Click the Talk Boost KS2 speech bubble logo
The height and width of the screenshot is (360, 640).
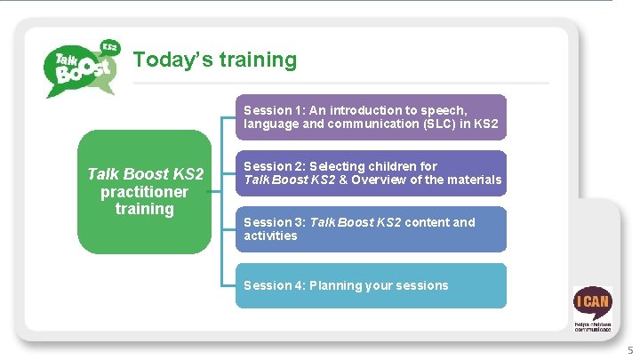point(81,68)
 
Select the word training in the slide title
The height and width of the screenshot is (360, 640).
point(256,60)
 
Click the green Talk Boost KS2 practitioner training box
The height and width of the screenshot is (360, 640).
point(144,192)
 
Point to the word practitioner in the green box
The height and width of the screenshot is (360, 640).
point(144,192)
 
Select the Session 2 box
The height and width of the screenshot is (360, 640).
point(371,173)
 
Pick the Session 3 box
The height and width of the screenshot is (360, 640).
point(371,229)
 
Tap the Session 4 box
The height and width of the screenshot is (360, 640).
point(371,285)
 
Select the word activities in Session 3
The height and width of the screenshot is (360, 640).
point(270,236)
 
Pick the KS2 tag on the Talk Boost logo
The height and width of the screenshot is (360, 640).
point(110,46)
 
